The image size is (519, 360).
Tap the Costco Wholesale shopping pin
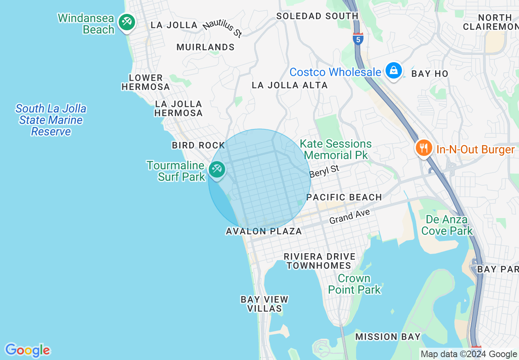[x=393, y=70]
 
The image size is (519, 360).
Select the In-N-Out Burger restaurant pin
[x=424, y=148]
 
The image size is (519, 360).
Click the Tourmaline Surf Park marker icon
[x=217, y=169]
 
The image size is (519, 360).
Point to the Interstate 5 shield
[x=358, y=39]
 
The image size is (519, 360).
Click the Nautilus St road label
[x=222, y=29]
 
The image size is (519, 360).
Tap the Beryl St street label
[x=324, y=171]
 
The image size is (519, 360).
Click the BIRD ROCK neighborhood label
[x=199, y=145]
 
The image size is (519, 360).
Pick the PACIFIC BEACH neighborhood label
[x=344, y=197]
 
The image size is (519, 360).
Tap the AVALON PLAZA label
[x=264, y=232]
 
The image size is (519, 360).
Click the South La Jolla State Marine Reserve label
[x=51, y=120]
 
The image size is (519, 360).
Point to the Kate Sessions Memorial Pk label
[x=336, y=149]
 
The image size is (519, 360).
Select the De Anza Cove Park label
[x=447, y=225]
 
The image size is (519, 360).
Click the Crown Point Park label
[x=354, y=284]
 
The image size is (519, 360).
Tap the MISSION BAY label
[x=388, y=337]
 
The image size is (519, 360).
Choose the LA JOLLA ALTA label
[x=289, y=85]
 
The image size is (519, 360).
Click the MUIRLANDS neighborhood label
[x=205, y=47]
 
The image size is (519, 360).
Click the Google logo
[x=27, y=350]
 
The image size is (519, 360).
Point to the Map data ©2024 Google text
[x=469, y=354]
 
